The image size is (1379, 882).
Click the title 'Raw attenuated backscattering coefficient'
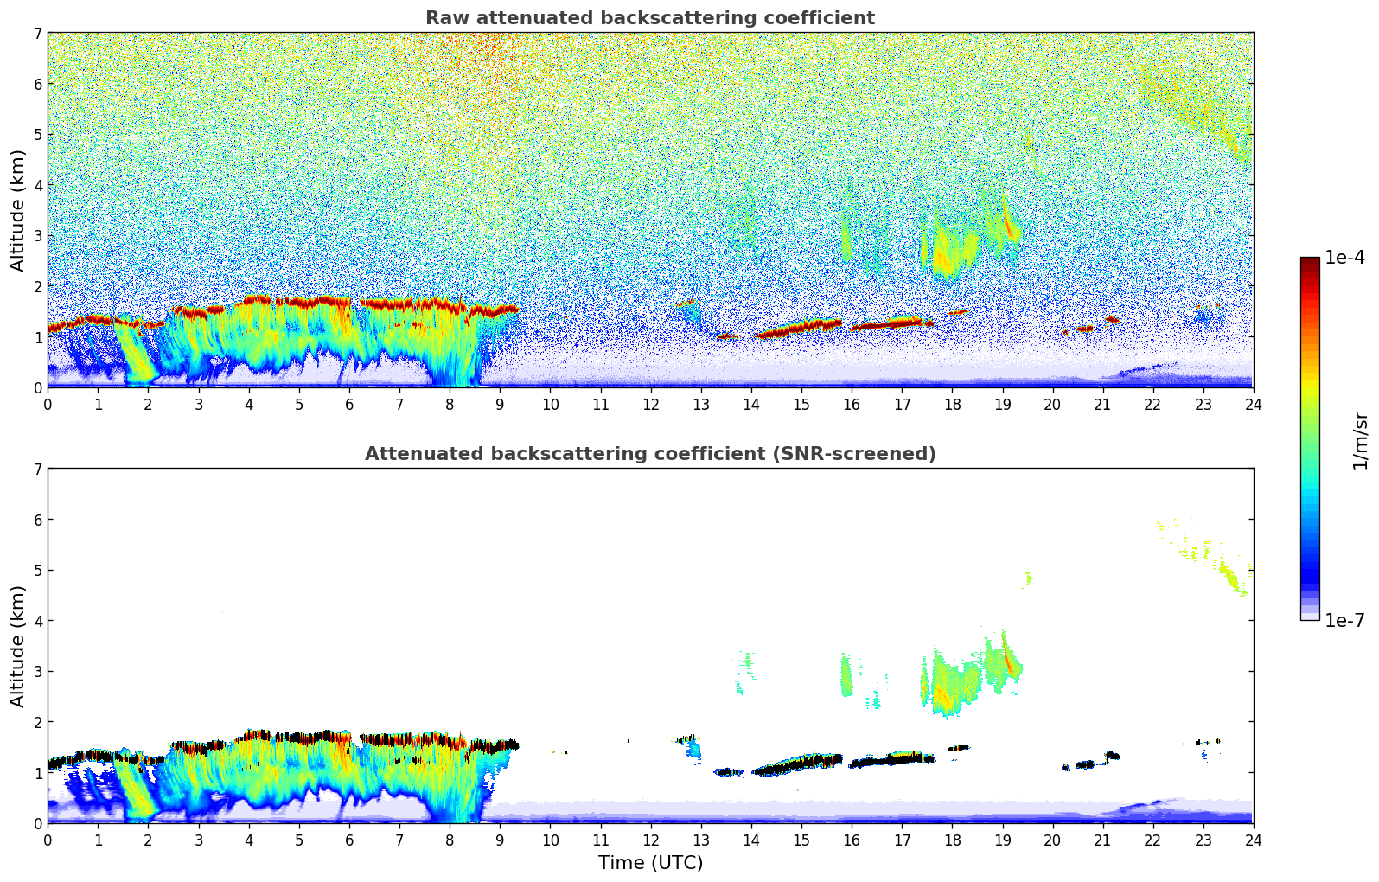[x=649, y=18]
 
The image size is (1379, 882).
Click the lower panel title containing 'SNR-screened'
[x=649, y=454]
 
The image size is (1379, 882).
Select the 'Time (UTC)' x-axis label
[x=650, y=862]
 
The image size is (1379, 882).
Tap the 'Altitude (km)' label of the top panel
[x=18, y=210]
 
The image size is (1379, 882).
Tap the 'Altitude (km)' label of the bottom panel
[x=18, y=646]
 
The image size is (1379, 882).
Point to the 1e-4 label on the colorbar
[x=1344, y=258]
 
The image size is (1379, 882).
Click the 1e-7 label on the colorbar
[x=1344, y=620]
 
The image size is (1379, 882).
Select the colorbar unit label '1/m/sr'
[x=1360, y=439]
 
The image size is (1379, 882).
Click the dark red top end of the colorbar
[x=1310, y=262]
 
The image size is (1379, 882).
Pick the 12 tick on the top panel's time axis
[x=650, y=404]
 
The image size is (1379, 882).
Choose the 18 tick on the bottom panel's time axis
[x=952, y=840]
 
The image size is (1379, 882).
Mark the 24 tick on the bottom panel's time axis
[x=1253, y=840]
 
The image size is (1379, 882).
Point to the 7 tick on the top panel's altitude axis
[x=37, y=34]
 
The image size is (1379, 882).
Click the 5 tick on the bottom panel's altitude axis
[x=37, y=571]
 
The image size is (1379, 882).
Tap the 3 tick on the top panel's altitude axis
[x=37, y=236]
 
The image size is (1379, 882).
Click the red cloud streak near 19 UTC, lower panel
[x=1007, y=659]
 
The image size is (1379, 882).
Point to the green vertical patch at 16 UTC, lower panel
[x=846, y=676]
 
